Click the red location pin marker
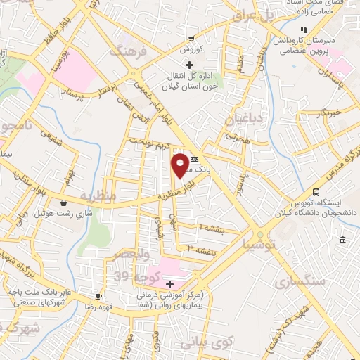(181, 165)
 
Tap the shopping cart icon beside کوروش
(191, 39)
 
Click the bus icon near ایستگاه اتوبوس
(316, 192)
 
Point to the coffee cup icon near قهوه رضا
(99, 297)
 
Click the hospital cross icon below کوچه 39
(170, 283)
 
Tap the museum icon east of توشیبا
(342, 241)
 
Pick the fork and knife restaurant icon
(304, 30)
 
